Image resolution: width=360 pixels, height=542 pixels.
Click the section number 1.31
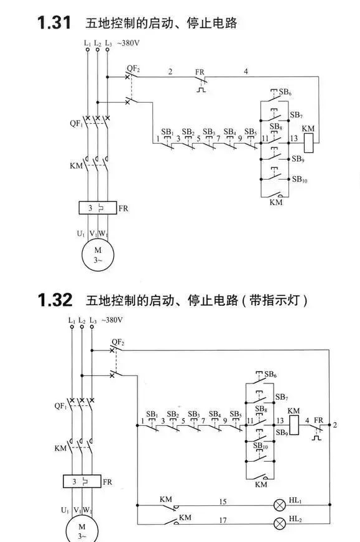54,23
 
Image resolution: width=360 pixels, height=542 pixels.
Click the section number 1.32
55,300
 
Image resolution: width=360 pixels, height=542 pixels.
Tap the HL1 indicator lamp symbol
279,505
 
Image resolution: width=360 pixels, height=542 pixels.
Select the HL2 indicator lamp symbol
279,524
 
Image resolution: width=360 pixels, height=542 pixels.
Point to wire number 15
223,501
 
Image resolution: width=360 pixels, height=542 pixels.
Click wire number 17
223,520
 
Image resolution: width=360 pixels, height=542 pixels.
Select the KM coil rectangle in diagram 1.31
308,143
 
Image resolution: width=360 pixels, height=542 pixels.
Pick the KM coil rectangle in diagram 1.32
293,425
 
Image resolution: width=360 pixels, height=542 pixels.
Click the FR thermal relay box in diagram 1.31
98,208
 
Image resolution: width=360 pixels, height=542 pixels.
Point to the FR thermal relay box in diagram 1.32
82,481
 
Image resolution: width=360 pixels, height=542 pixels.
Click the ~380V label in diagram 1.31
128,44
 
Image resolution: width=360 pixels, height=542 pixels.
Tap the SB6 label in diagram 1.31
285,92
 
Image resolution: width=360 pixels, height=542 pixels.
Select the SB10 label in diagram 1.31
300,179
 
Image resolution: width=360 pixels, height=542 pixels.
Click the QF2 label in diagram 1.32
118,342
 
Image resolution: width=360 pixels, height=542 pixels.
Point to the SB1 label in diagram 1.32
152,414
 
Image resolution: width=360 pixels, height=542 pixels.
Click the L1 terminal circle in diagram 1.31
88,50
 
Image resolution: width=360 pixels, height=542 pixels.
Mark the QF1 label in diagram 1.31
76,124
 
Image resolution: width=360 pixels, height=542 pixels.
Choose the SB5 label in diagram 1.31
251,132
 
